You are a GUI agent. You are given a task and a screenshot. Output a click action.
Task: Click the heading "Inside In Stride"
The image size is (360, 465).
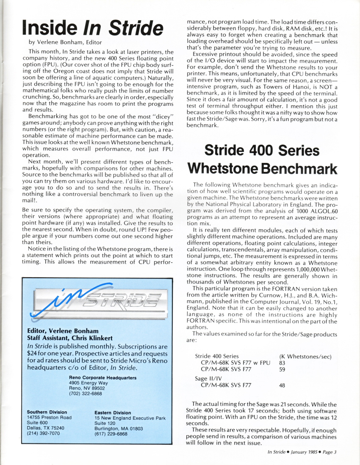[x=92, y=28]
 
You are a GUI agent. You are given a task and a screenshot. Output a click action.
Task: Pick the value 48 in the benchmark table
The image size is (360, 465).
[x=282, y=385]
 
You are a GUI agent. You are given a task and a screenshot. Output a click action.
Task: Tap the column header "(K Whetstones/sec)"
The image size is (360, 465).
[x=308, y=356]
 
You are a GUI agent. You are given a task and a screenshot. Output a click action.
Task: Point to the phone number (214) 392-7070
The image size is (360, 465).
[x=43, y=433]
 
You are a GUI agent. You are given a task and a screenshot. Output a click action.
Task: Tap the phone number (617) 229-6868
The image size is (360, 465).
[x=111, y=434]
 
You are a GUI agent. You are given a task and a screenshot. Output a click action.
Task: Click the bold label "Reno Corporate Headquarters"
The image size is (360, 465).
[x=102, y=378]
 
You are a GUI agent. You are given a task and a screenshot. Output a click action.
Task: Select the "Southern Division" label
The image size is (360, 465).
[x=47, y=412]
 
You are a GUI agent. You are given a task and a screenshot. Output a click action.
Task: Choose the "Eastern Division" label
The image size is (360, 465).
[x=113, y=413]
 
